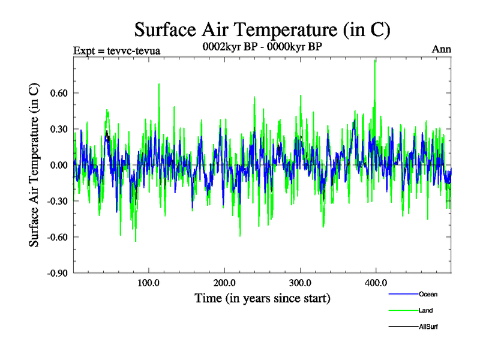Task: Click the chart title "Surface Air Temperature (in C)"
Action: click(262, 29)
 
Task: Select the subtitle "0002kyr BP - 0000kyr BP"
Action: click(262, 49)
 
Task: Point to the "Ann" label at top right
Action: click(441, 49)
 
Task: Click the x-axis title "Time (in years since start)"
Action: click(262, 298)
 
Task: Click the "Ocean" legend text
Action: click(428, 294)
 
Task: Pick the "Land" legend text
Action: click(426, 310)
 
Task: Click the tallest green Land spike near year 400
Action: click(376, 61)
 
